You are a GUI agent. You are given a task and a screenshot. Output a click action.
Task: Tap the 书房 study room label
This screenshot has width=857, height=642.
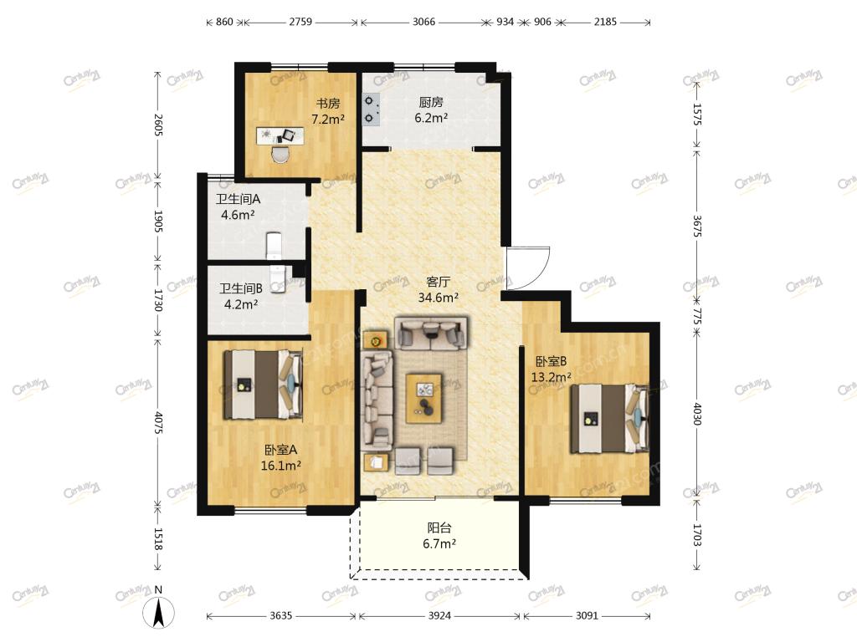point(328,103)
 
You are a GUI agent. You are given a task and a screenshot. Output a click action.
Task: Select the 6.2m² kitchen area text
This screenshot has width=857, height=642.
point(431,117)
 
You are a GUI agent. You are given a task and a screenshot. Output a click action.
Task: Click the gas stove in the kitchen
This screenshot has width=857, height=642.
point(371,110)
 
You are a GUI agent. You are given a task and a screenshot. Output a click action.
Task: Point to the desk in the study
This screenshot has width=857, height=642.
point(280,136)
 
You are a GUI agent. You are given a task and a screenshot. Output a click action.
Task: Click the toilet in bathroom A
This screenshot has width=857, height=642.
point(274,245)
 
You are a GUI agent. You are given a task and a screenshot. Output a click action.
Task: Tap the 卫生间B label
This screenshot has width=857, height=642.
point(240,288)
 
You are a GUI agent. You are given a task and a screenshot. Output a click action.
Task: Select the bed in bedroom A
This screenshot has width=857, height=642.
point(263,385)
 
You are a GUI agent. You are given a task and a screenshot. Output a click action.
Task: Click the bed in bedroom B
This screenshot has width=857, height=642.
point(609,419)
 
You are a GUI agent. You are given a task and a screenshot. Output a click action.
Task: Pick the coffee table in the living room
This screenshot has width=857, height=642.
point(423,398)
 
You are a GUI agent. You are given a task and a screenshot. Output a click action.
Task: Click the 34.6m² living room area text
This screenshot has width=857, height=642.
point(439,298)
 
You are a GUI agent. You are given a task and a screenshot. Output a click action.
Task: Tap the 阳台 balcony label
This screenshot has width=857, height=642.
point(439,528)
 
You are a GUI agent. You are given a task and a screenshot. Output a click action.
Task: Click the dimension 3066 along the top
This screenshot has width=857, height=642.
point(423,22)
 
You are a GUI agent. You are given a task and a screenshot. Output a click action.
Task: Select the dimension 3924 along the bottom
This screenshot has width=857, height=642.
point(439,616)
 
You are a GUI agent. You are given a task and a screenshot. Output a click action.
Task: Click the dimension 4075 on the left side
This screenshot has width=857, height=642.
point(157,422)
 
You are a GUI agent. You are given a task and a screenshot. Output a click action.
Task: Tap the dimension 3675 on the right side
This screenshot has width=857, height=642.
point(697,226)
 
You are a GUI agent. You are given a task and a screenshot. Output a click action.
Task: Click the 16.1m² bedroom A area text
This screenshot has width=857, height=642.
point(281,466)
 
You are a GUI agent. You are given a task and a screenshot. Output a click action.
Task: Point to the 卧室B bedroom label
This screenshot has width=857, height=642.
point(551,361)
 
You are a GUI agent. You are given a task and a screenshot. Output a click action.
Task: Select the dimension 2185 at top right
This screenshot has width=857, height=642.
point(605,22)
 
